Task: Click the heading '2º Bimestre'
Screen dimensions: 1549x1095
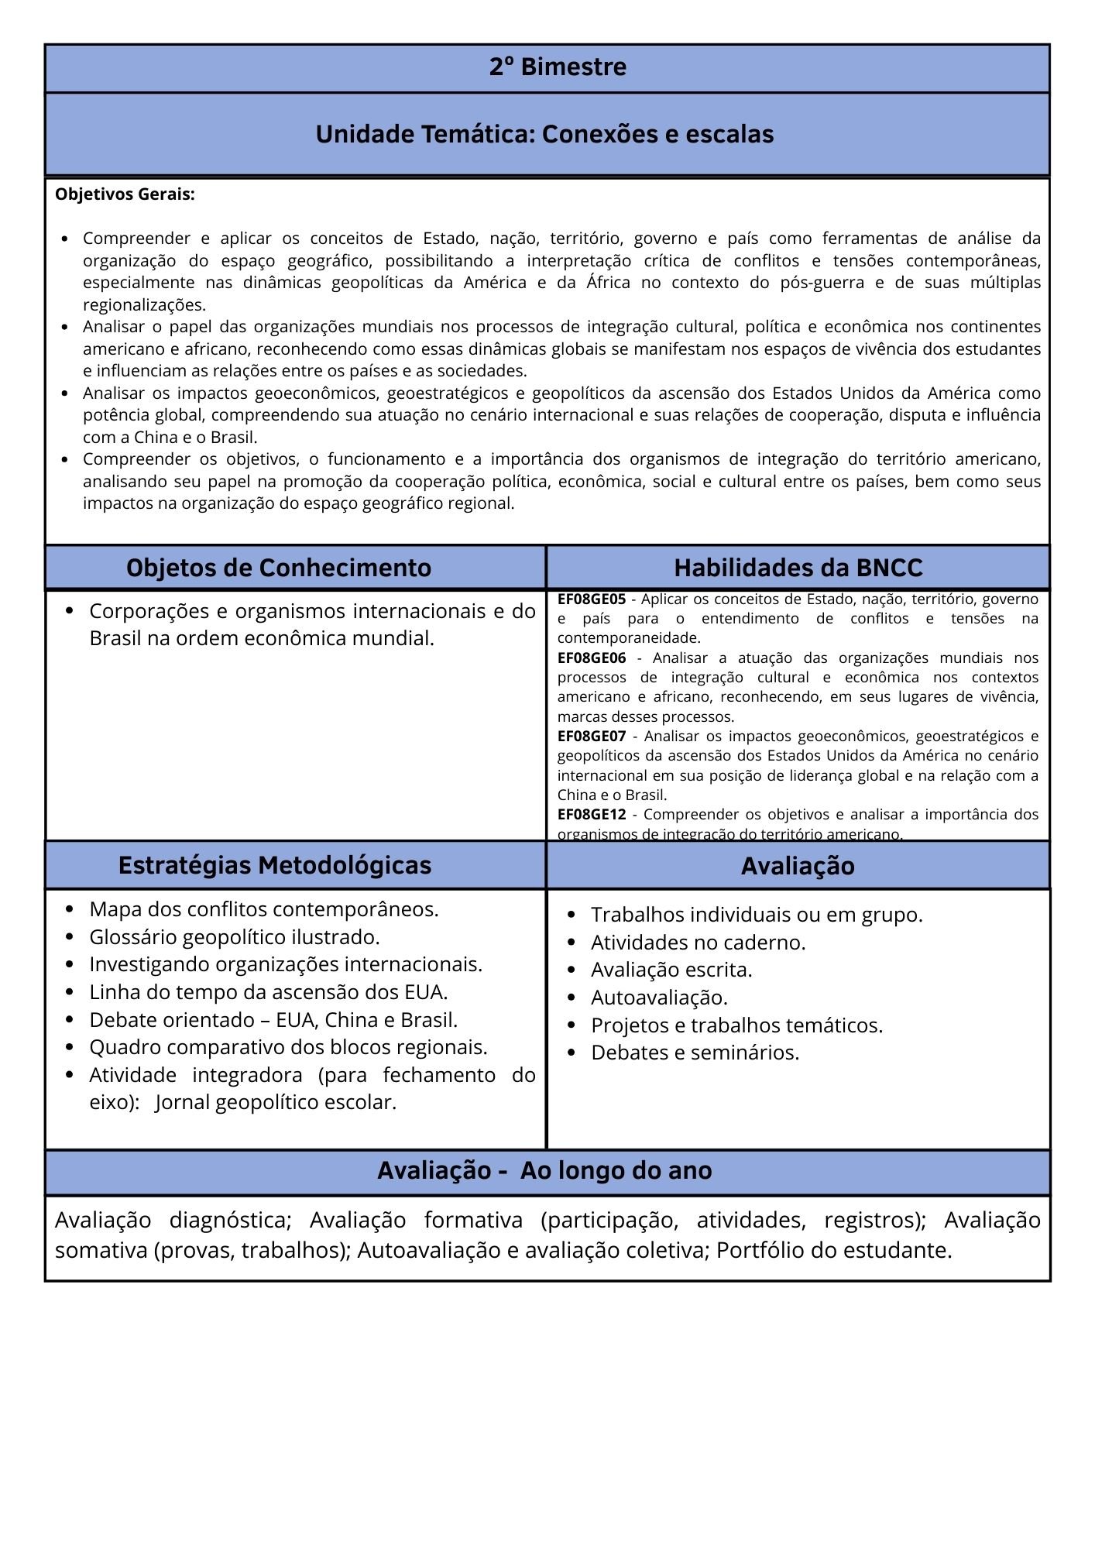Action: click(558, 67)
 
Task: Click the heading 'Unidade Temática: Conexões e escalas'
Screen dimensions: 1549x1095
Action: click(544, 134)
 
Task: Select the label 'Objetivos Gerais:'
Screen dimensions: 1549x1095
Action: click(125, 194)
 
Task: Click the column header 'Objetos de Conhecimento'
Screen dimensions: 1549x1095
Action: click(279, 568)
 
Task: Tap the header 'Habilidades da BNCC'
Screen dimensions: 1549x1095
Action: click(798, 568)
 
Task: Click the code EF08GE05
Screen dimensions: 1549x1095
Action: click(591, 599)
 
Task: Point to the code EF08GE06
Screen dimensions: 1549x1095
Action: click(591, 658)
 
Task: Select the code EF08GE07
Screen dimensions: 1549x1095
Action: click(591, 736)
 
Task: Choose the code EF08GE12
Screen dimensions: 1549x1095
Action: click(591, 814)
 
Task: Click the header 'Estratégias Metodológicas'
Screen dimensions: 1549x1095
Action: click(275, 865)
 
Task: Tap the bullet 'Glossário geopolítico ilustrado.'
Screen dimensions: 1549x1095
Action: click(234, 937)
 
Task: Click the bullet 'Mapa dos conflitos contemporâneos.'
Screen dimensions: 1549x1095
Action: click(263, 909)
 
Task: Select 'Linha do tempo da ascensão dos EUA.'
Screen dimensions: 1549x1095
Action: click(268, 992)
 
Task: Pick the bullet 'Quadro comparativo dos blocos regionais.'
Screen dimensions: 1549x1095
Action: click(288, 1047)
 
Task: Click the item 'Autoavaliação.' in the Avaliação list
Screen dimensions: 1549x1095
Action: click(659, 998)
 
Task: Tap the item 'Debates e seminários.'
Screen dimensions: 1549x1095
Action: click(695, 1053)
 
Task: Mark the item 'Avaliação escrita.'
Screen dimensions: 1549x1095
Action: click(671, 970)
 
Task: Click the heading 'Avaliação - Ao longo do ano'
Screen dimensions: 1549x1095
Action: click(544, 1170)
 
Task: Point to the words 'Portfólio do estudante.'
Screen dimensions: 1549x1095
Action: click(833, 1250)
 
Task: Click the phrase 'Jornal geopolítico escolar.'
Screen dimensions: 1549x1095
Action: click(276, 1102)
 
